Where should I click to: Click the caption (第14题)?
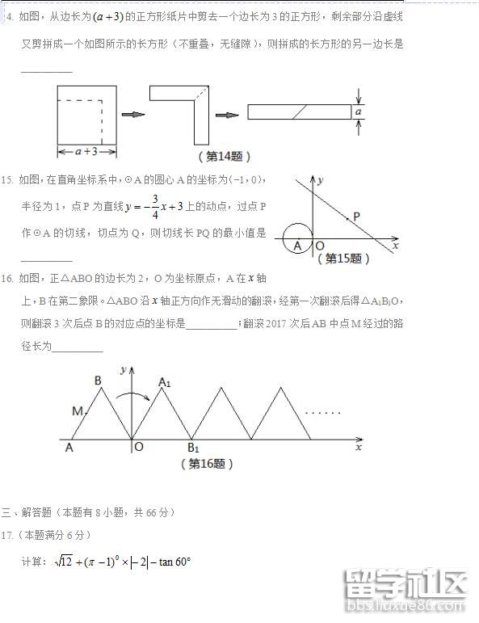click(225, 156)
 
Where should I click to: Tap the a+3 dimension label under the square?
click(86, 151)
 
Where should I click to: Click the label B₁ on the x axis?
click(194, 448)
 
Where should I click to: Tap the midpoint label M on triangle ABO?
click(78, 411)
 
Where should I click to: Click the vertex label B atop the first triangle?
click(97, 380)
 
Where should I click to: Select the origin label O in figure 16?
click(139, 447)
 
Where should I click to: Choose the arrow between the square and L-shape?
click(132, 114)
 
